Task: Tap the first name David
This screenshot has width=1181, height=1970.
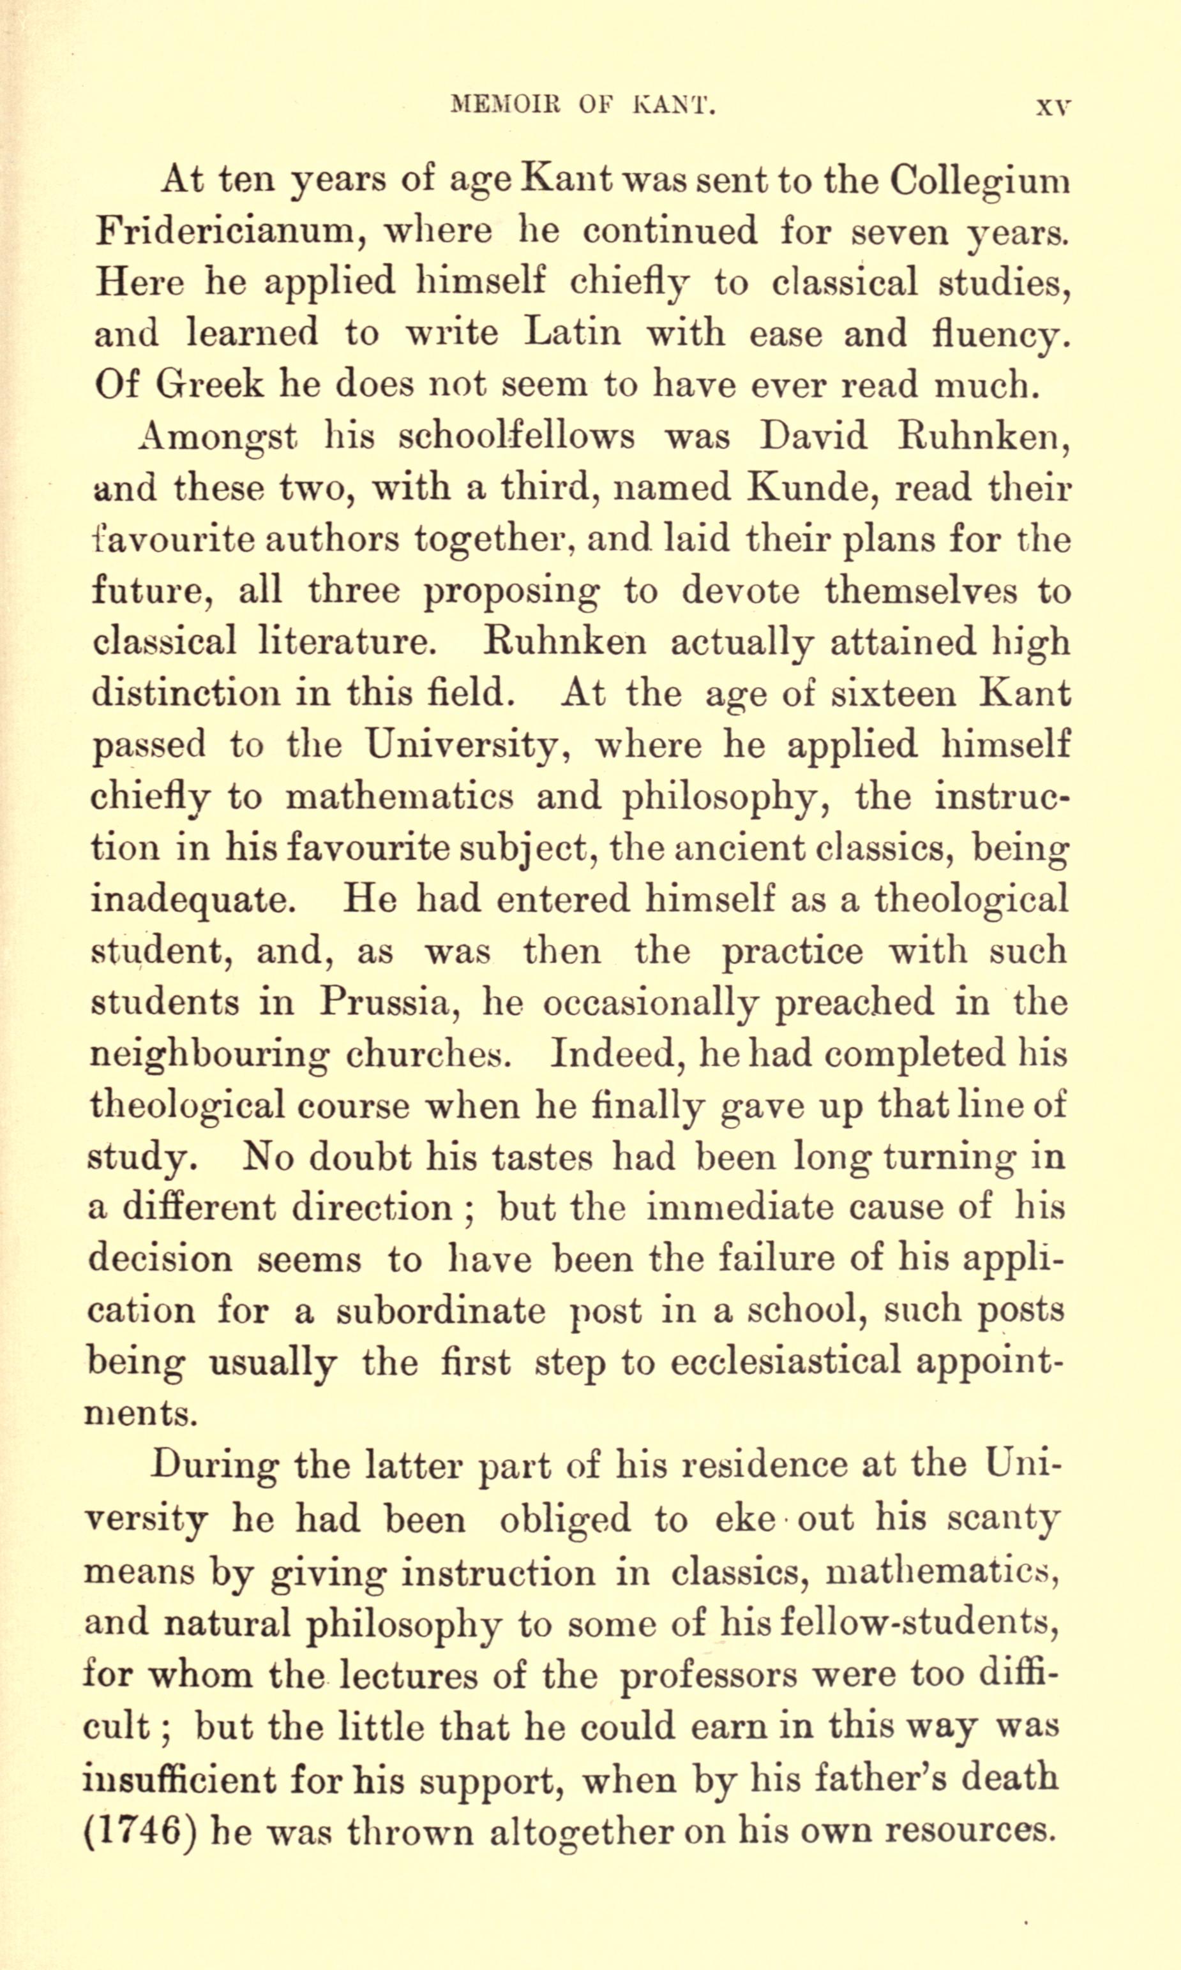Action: click(x=813, y=436)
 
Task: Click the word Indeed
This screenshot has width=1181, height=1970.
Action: click(x=615, y=1055)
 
